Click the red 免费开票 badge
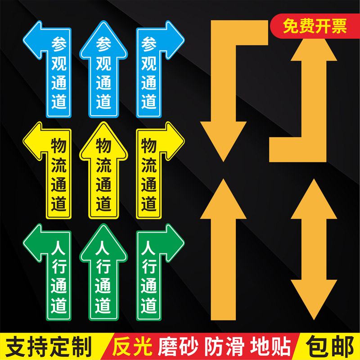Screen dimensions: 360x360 tap(315, 27)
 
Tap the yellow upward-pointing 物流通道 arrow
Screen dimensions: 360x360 tap(103, 171)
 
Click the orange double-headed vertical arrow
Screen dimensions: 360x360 tap(314, 247)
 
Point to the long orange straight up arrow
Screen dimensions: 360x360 tap(223, 252)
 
